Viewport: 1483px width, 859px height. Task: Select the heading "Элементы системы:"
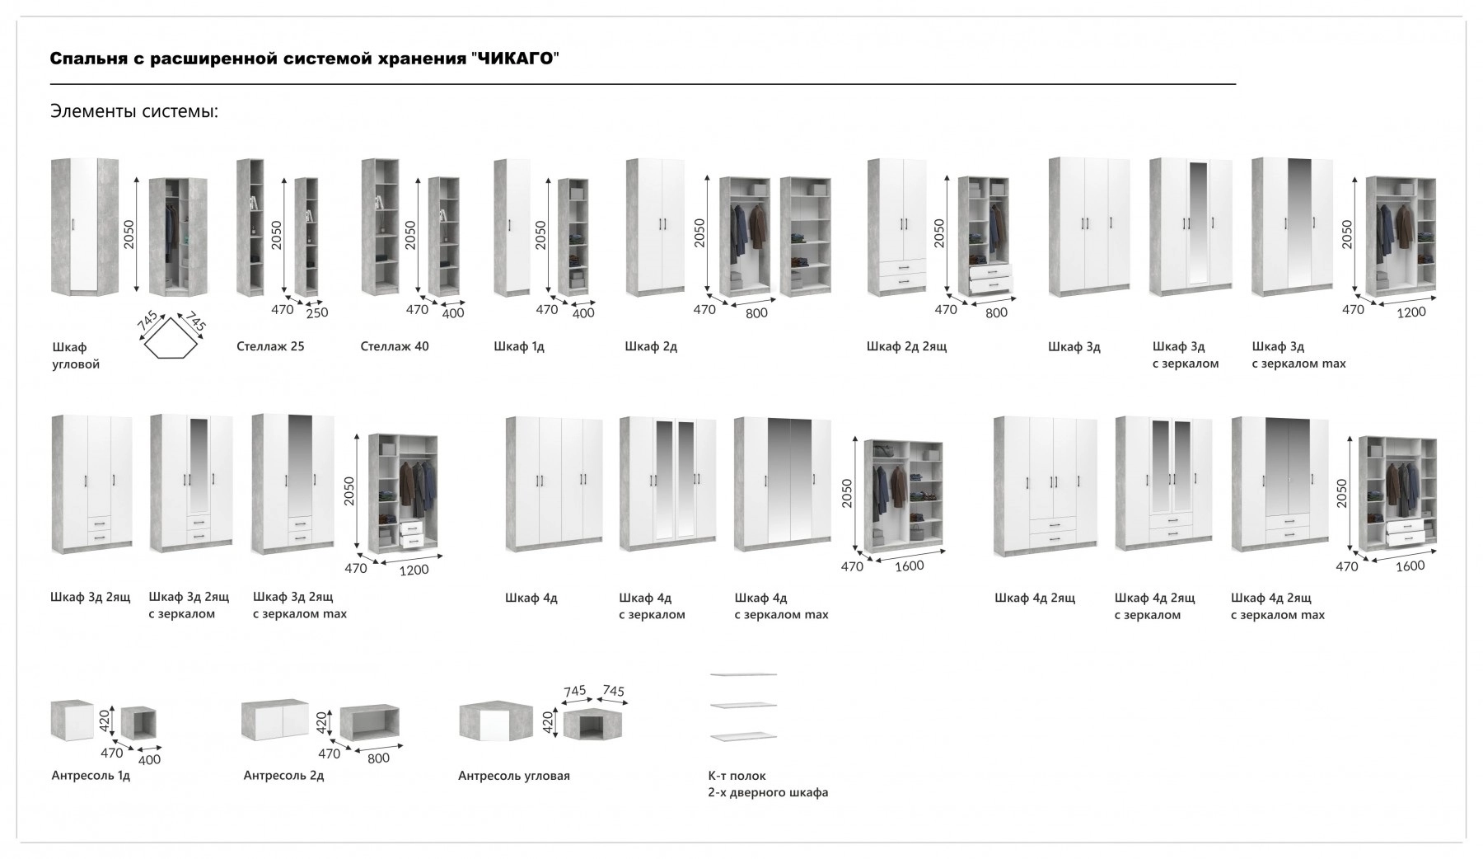tap(134, 111)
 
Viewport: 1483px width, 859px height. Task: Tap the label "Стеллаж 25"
tap(270, 346)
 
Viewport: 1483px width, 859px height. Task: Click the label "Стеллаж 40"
tap(395, 346)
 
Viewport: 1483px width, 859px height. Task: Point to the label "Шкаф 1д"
tap(519, 346)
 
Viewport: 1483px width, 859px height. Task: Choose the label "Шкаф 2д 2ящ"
tap(906, 346)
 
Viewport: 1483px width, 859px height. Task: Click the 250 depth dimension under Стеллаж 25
tap(317, 312)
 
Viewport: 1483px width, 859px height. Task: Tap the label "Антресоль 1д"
tap(91, 776)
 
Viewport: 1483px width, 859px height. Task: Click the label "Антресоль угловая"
tap(514, 776)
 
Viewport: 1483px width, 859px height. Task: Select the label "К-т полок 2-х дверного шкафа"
tap(768, 784)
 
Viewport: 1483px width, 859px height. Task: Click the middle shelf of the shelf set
tap(743, 706)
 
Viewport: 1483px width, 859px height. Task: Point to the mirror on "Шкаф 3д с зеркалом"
tap(1198, 223)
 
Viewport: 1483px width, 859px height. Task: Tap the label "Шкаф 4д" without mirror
tap(531, 598)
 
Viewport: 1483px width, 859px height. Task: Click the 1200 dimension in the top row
tap(1410, 312)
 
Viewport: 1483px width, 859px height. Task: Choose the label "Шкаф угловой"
tap(76, 355)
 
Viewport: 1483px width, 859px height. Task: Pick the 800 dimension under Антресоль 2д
tap(378, 758)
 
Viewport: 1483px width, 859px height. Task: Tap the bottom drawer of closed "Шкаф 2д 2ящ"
tap(902, 283)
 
